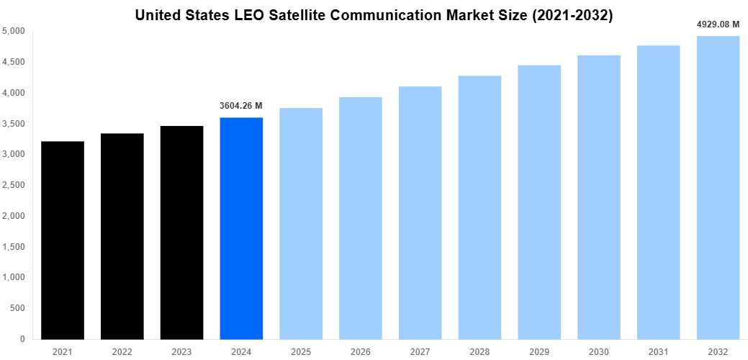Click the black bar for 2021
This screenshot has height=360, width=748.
coord(63,240)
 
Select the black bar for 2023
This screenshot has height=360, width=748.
coord(181,233)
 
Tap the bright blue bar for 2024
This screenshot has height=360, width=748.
coord(241,228)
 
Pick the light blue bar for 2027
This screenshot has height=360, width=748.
coord(420,212)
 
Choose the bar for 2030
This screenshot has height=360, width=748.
coord(599,197)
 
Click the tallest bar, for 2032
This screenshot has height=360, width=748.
coord(718,187)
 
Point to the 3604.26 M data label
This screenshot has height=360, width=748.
coord(240,106)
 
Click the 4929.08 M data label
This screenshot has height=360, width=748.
coord(718,24)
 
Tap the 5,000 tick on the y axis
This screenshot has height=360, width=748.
coord(14,32)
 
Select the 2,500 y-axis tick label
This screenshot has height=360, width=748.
coord(14,185)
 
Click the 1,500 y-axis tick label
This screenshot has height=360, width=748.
coord(14,247)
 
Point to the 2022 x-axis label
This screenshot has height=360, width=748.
coord(122,351)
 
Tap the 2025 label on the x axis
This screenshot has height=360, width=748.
coord(301,351)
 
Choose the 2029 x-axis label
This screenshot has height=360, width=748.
coord(539,351)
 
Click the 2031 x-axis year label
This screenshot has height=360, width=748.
coord(658,351)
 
